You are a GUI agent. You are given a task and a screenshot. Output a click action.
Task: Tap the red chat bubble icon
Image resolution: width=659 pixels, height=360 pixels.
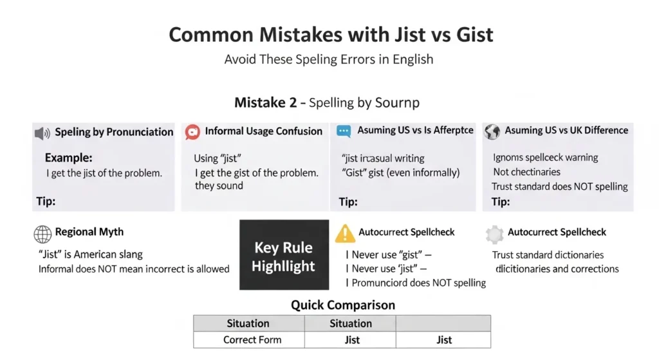coord(192,132)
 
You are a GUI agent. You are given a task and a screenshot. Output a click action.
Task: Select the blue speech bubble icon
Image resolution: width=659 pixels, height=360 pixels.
coord(344,131)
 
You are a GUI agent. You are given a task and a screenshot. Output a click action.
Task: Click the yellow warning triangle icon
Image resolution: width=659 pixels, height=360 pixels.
coord(345,233)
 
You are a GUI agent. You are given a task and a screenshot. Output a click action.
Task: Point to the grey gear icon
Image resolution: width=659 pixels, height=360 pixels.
coord(494,233)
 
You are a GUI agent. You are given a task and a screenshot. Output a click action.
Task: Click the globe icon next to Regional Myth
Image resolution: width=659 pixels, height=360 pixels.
coord(42,233)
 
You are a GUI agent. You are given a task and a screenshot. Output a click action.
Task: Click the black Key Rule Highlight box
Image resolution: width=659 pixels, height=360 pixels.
coord(284,256)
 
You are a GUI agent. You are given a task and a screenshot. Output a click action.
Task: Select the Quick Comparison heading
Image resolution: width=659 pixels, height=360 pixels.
coord(342,305)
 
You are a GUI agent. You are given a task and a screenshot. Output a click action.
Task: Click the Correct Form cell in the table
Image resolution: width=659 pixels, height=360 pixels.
coord(248,339)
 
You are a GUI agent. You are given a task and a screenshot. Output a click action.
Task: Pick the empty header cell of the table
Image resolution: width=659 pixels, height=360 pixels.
coord(443,323)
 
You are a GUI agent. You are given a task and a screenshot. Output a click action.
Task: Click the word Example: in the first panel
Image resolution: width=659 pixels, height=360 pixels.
coord(68,158)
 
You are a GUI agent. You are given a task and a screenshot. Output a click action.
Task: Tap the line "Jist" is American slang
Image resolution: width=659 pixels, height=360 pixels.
coord(90,254)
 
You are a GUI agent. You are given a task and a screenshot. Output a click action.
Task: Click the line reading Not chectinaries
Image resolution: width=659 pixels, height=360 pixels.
coord(526,172)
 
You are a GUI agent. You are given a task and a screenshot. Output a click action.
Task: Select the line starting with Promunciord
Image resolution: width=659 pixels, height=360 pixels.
coord(416,283)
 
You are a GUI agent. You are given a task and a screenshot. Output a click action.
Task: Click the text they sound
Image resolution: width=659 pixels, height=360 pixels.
coord(219,185)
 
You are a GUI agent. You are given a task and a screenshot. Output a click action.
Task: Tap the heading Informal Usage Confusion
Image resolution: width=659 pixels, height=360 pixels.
coord(263,131)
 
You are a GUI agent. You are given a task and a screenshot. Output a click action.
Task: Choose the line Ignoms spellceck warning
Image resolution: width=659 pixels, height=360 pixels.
coord(545,158)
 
